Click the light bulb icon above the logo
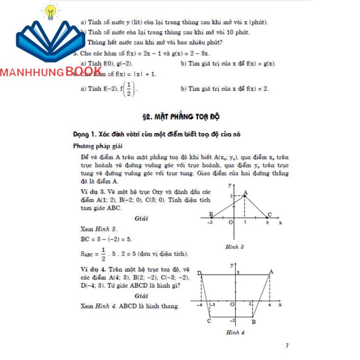coord(51,11)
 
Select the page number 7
coord(287,346)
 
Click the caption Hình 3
coord(235,247)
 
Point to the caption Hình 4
coord(235,332)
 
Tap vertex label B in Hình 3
coord(211,214)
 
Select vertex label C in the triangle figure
coord(270,215)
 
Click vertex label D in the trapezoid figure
coord(199,274)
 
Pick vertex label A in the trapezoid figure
coord(271,272)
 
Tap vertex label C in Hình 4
coord(209,321)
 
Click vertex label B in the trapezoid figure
coord(254,322)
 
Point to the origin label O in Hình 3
coord(231,222)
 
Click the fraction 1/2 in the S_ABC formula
coord(103,254)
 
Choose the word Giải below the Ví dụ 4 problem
coord(142,296)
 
